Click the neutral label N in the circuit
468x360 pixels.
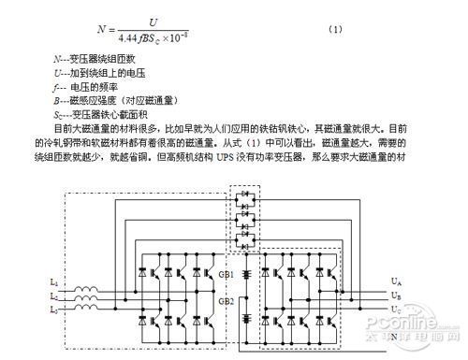click(x=395, y=334)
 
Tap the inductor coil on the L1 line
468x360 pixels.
click(x=84, y=282)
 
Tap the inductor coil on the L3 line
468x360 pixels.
click(x=84, y=308)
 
